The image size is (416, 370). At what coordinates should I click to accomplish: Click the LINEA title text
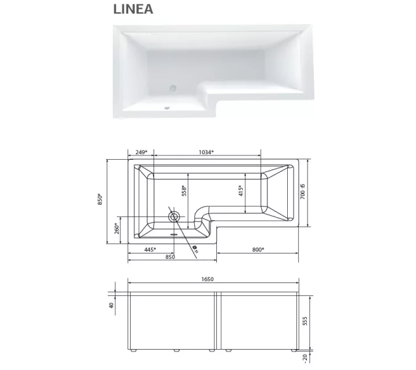[133, 9]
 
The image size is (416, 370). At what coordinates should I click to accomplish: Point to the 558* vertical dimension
[184, 191]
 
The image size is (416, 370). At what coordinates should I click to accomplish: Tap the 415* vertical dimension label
[241, 191]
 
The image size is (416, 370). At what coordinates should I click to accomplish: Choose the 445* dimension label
[150, 249]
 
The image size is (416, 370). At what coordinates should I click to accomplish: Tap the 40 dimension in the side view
[112, 305]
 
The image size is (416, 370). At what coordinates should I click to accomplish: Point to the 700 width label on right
[303, 192]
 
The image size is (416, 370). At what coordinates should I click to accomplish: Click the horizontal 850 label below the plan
[170, 257]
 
